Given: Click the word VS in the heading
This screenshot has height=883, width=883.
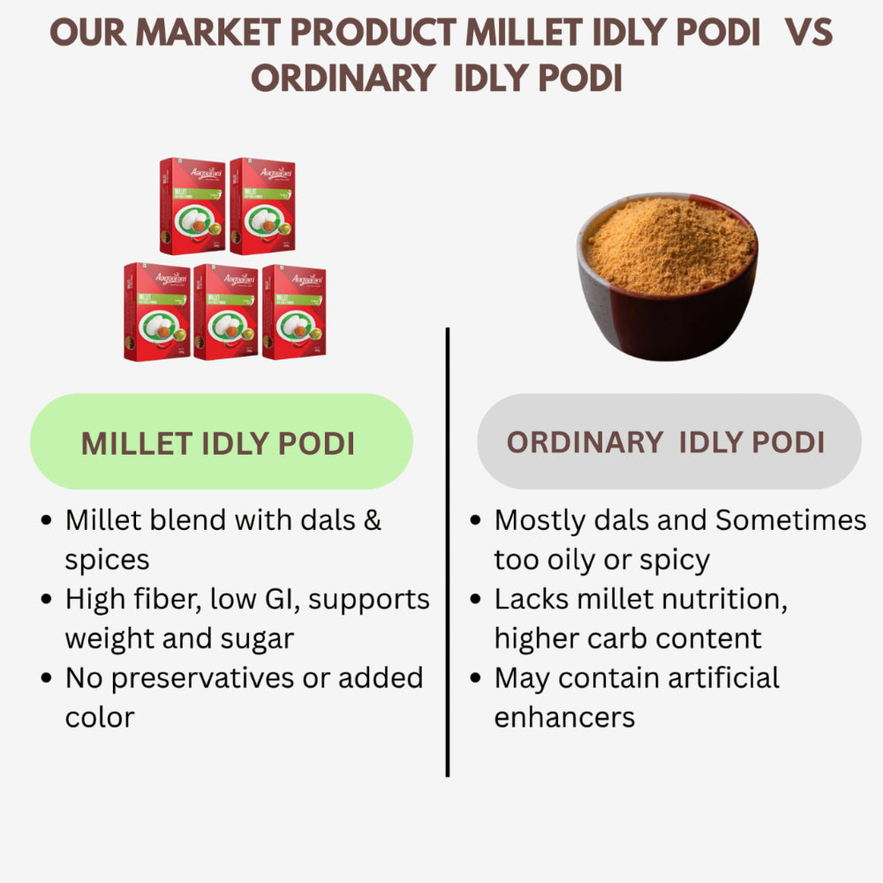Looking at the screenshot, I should pyautogui.click(x=808, y=34).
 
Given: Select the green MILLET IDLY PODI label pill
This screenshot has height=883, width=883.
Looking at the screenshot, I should pyautogui.click(x=221, y=441).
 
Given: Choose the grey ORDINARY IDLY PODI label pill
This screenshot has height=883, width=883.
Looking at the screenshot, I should pyautogui.click(x=668, y=441).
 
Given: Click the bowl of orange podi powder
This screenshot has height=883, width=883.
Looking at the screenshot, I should pyautogui.click(x=668, y=274).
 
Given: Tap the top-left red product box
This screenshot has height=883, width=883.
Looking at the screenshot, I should pyautogui.click(x=192, y=206).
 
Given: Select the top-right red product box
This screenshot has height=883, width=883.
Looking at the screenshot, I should pyautogui.click(x=261, y=206).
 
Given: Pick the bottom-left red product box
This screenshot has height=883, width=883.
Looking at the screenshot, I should pyautogui.click(x=156, y=311).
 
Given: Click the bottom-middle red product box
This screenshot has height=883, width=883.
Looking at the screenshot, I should pyautogui.click(x=226, y=311).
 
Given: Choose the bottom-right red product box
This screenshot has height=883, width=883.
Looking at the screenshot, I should pyautogui.click(x=294, y=311).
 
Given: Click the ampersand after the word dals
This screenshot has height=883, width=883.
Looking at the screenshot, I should pyautogui.click(x=373, y=520).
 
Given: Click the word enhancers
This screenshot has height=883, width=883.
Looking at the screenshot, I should pyautogui.click(x=564, y=717).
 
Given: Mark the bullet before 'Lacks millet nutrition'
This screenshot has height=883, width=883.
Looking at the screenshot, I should pyautogui.click(x=476, y=600).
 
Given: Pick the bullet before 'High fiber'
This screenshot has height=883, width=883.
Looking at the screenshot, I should pyautogui.click(x=47, y=600).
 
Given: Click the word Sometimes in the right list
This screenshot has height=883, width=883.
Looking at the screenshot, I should pyautogui.click(x=790, y=520).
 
